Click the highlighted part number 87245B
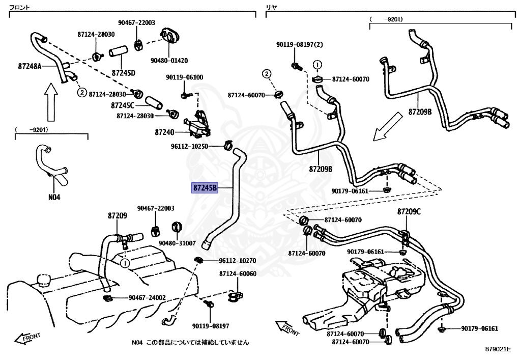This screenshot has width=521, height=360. [x=205, y=188]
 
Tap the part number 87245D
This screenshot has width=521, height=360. [x=123, y=72]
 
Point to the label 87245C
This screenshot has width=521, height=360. [x=122, y=105]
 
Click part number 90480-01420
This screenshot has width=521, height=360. [x=169, y=60]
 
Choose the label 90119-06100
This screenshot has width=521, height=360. [x=184, y=77]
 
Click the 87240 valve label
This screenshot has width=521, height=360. [x=164, y=132]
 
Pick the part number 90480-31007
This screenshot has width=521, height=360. [x=177, y=243]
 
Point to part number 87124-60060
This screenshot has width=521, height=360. [x=238, y=273]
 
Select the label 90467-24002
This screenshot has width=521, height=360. [x=147, y=298]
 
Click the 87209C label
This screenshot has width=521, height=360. [x=409, y=211]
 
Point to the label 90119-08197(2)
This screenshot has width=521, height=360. [x=300, y=44]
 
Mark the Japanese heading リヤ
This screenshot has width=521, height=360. [x=271, y=8]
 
